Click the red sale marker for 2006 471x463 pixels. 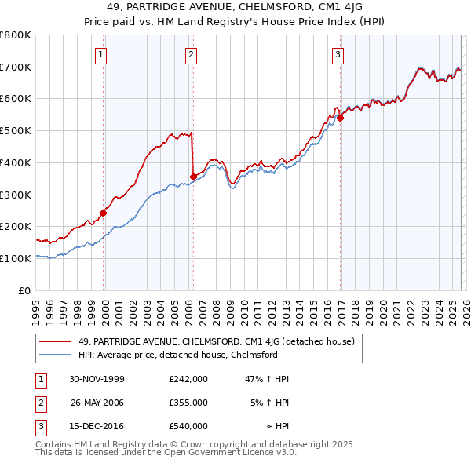193,177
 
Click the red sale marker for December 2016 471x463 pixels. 340,118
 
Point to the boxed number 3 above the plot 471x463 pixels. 338,54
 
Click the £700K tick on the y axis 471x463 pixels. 16,67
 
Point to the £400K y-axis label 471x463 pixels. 16,162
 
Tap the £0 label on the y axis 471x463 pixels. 25,290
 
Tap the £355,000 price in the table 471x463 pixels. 188,402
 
